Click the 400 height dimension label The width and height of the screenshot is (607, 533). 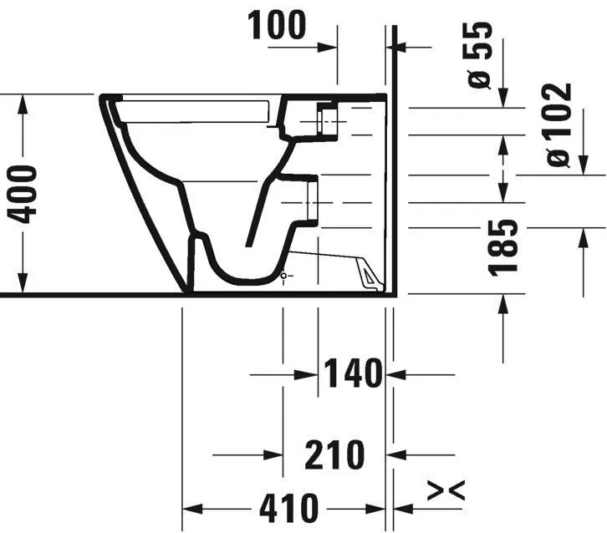pyautogui.click(x=23, y=194)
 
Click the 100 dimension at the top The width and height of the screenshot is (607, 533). pyautogui.click(x=277, y=25)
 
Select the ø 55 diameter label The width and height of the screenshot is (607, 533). pyautogui.click(x=480, y=55)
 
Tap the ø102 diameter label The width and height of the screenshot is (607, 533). pyautogui.click(x=559, y=124)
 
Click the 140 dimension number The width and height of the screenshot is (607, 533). pyautogui.click(x=353, y=373)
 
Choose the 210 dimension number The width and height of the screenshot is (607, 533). pyautogui.click(x=334, y=454)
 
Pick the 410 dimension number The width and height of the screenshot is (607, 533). pyautogui.click(x=288, y=508)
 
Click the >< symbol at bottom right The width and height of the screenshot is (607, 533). pyautogui.click(x=446, y=490)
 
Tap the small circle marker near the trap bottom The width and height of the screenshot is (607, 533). pyautogui.click(x=283, y=276)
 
